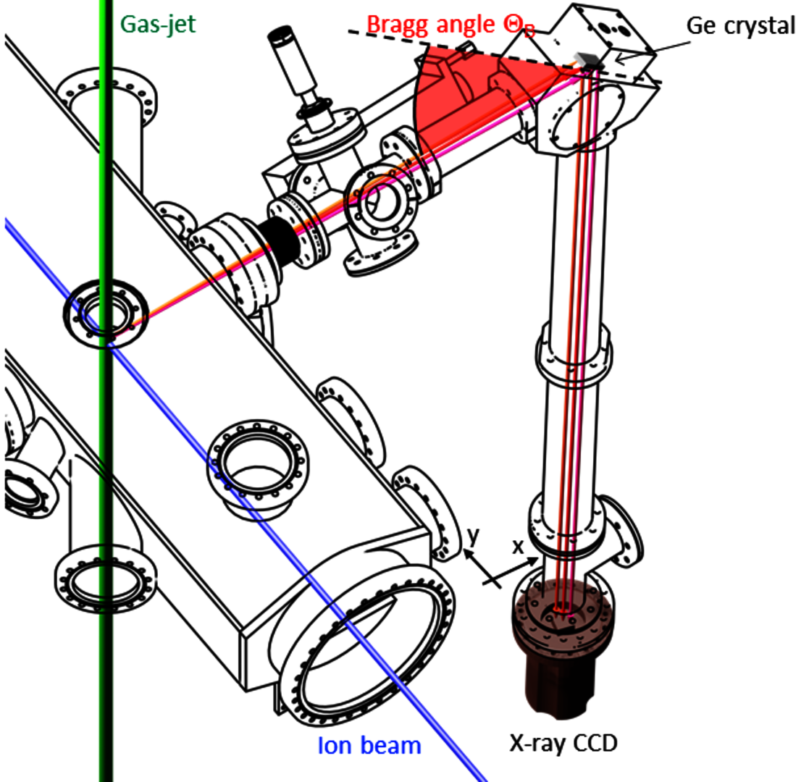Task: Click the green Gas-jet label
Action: coord(158,25)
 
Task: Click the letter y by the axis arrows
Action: coord(472,537)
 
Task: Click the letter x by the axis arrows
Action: coord(518,547)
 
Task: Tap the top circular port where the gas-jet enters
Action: coord(107,98)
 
